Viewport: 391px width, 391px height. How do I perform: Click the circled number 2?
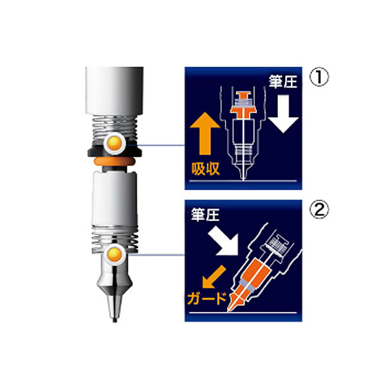319,209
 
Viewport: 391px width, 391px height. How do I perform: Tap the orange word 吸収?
205,169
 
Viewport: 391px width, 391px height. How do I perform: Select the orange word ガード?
207,299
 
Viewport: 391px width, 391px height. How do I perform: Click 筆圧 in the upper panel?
282,81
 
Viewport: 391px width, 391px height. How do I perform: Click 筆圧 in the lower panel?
205,214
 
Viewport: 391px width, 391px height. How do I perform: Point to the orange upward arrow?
205,133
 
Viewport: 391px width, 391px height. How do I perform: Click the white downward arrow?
283,114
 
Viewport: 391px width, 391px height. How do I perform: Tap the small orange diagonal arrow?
214,277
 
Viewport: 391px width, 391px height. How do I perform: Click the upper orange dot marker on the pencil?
114,143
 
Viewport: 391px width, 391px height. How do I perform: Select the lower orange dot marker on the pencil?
114,254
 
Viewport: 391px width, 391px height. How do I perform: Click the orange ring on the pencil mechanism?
114,161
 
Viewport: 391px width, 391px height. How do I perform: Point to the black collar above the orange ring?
114,151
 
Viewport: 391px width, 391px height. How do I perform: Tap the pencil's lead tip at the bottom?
114,320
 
